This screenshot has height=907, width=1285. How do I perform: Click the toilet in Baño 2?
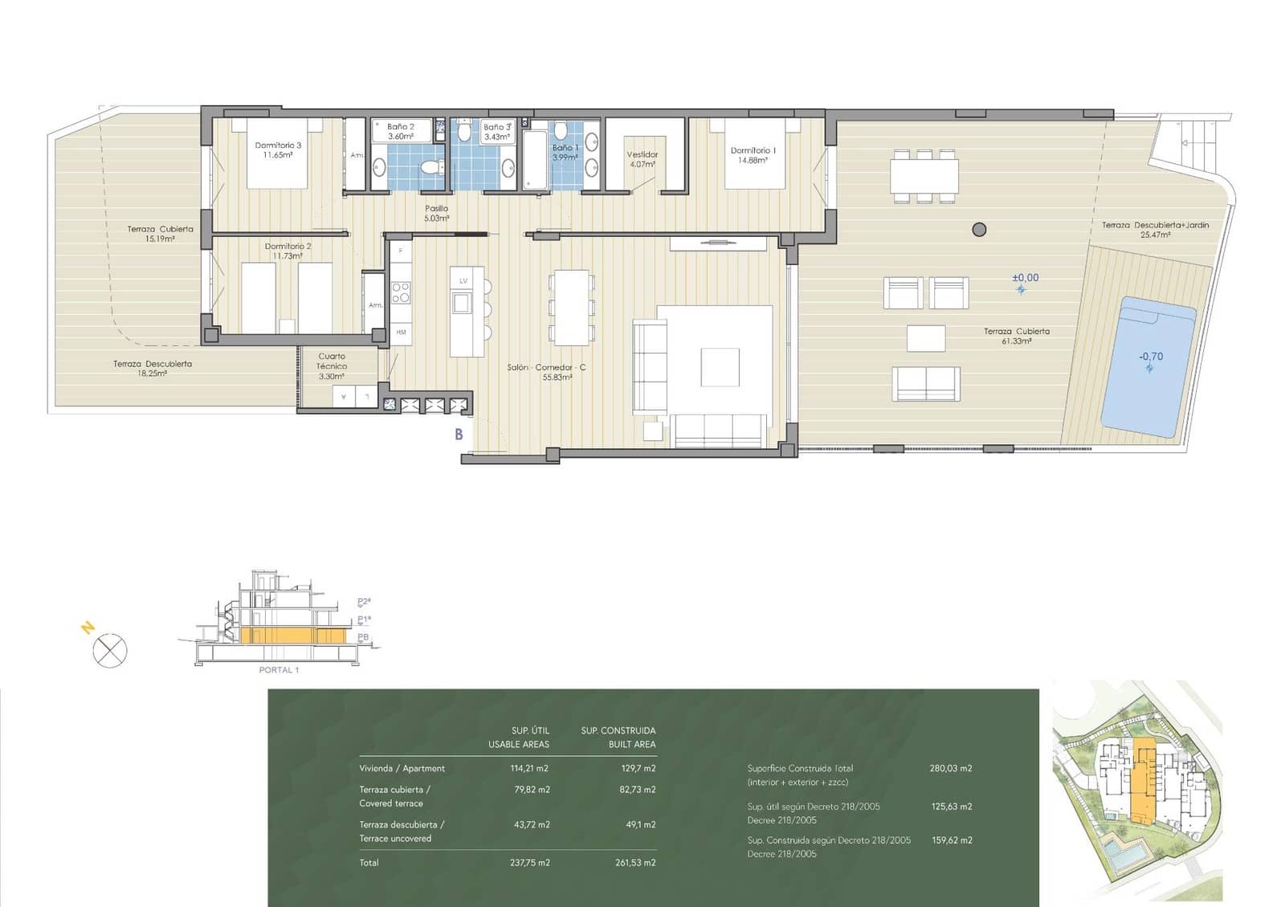coord(430,168)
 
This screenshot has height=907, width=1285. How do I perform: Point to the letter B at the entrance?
coord(459,435)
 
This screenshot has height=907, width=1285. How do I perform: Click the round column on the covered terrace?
coord(978,230)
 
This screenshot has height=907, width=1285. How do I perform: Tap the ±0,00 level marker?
coord(1025,278)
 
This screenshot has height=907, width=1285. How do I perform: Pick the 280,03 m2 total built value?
coord(950,768)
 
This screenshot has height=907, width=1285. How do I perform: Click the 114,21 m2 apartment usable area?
coord(529,768)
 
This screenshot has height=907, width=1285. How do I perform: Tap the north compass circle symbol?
coord(110,650)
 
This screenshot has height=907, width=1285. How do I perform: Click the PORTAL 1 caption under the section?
coord(279,669)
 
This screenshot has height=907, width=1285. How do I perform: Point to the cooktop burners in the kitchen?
coord(401,292)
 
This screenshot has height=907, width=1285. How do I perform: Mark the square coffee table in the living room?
coord(720,367)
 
